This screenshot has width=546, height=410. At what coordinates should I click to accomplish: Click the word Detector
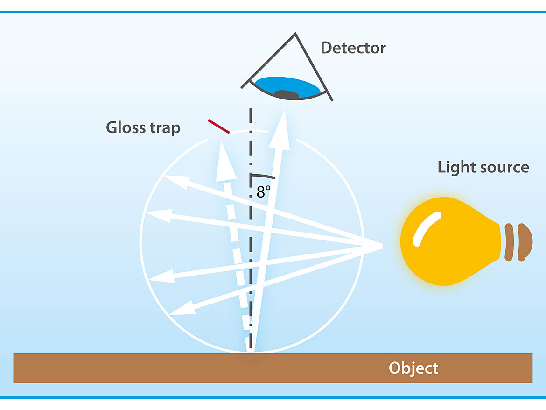click(353, 48)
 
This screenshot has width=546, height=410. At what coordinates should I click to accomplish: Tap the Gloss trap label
click(143, 127)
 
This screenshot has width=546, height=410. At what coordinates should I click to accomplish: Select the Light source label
click(483, 167)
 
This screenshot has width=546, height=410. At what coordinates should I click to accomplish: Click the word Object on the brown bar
click(413, 368)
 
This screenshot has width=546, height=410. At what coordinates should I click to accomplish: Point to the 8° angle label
click(264, 192)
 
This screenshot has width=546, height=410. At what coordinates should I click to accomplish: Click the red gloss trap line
click(219, 127)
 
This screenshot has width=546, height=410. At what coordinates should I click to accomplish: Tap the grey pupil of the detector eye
click(287, 94)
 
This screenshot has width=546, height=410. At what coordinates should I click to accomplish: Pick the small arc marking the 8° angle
click(263, 177)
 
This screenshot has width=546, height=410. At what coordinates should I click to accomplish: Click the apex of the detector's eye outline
click(294, 34)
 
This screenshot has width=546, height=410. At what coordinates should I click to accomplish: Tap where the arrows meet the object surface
click(251, 351)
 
